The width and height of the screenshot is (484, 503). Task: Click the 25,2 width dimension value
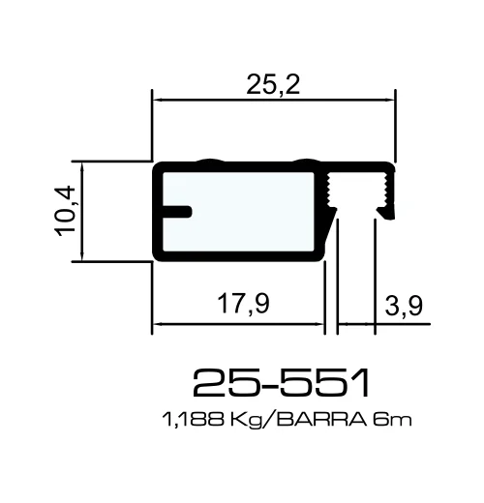(274, 85)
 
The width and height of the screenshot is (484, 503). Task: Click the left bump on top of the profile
(206, 160)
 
